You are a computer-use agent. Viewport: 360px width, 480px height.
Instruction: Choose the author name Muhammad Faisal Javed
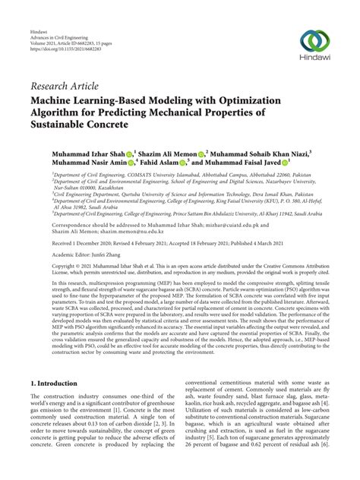point(245,163)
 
